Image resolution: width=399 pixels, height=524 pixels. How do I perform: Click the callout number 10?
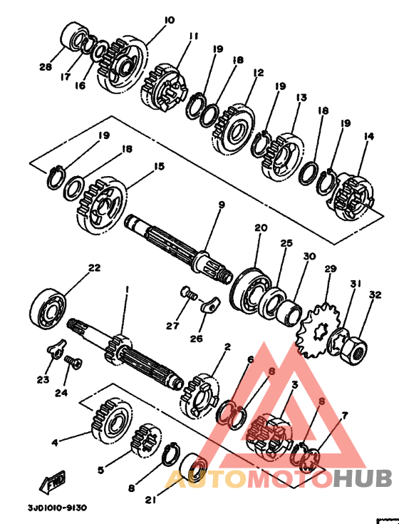[170, 20]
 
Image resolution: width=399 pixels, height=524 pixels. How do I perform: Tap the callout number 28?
[46, 67]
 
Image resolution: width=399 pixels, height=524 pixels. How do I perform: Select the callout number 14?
[368, 136]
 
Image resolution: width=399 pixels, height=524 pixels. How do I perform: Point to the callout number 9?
[222, 205]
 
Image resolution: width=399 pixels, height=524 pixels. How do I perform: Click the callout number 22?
[94, 267]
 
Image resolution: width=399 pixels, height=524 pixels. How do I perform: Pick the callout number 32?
[375, 294]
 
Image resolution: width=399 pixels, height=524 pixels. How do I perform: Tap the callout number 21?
[150, 500]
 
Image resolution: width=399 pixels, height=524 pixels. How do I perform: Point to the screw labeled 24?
[73, 362]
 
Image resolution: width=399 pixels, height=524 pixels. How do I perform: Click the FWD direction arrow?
[52, 482]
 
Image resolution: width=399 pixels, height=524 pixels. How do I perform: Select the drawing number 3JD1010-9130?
[57, 508]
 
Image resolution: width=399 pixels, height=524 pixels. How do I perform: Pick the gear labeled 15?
[102, 206]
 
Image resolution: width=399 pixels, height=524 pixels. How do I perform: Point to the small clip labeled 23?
[56, 348]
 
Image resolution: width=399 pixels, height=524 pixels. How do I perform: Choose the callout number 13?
[301, 98]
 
